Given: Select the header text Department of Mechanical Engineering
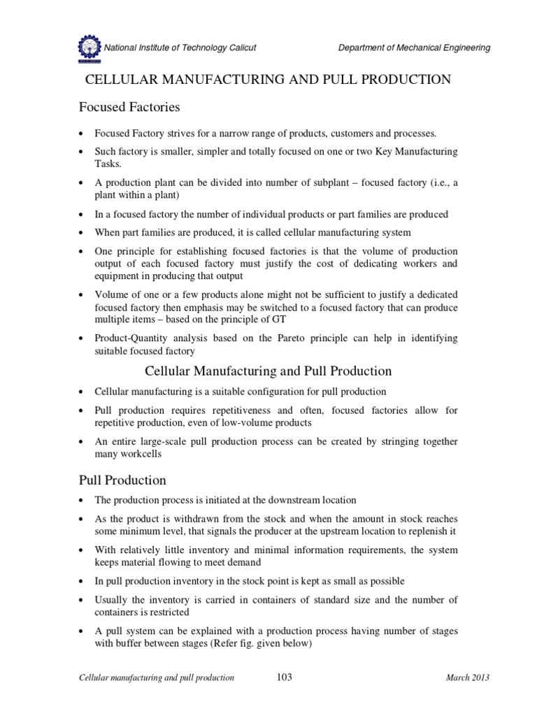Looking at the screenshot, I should [414, 48].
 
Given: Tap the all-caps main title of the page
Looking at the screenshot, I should [268, 80].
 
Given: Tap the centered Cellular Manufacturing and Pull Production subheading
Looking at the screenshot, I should [268, 371].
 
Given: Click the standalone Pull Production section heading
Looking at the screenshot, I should [120, 480].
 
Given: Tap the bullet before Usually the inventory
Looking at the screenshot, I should [83, 601].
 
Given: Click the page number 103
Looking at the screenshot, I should [284, 677].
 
